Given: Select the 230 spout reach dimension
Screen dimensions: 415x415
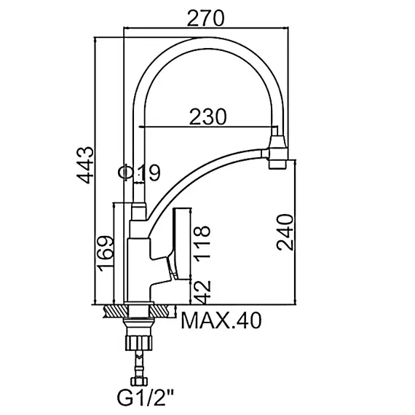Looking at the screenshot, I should pyautogui.click(x=207, y=116).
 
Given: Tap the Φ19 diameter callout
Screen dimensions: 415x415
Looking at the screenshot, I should pyautogui.click(x=138, y=173).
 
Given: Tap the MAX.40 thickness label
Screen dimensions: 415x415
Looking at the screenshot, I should pyautogui.click(x=221, y=320).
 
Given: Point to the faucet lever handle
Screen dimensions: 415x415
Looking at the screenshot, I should pyautogui.click(x=177, y=244).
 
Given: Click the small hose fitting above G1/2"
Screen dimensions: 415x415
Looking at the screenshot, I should pyautogui.click(x=139, y=378).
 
